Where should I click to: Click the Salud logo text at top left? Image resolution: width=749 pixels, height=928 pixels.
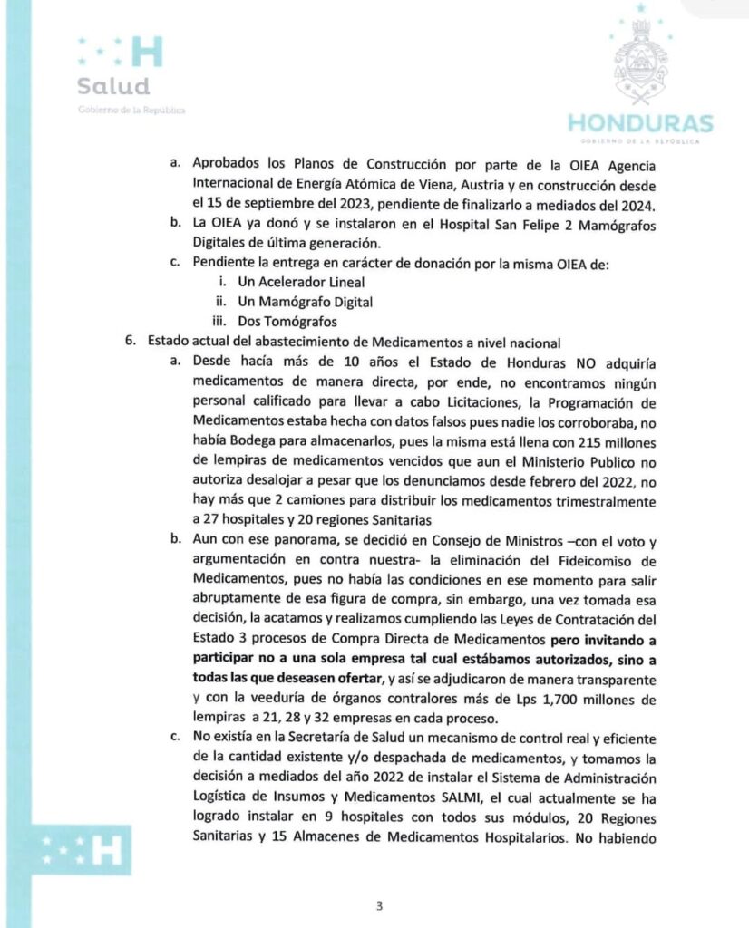click(x=112, y=88)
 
